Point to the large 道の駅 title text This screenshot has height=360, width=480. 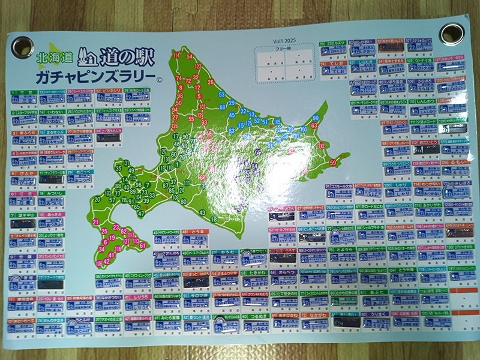tap(128, 57)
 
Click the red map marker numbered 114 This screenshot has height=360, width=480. tap(176, 56)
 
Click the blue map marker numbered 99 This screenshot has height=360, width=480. tap(315, 118)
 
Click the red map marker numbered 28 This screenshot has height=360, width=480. tap(210, 82)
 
